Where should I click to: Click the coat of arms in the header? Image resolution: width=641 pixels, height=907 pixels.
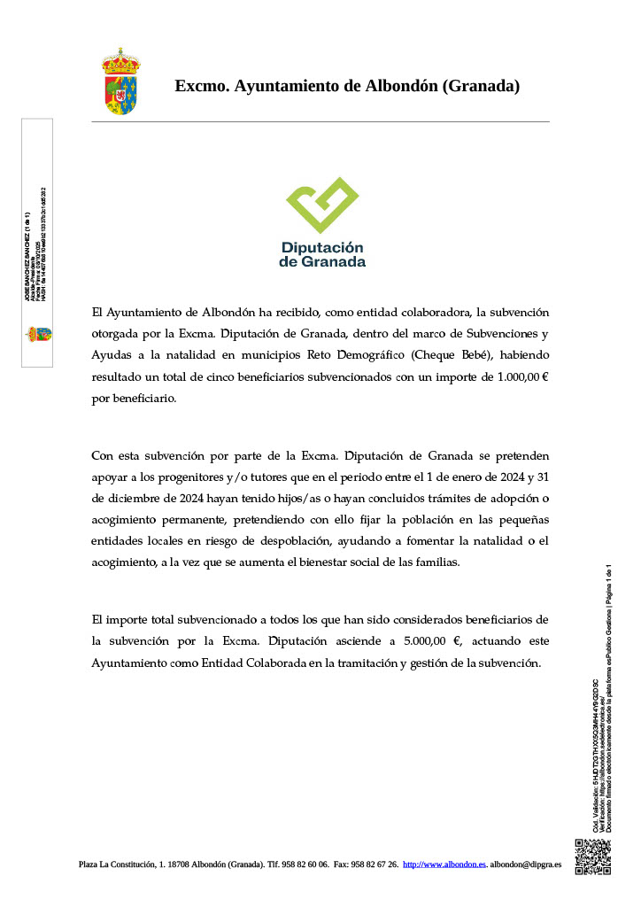pos(120,82)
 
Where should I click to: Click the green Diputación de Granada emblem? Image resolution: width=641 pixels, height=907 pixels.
pos(322,205)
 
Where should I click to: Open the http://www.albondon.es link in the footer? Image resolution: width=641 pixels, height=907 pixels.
pos(444,864)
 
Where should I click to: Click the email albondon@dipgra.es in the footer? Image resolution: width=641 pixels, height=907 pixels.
pos(525,864)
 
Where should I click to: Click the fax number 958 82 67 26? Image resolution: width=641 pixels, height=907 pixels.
pos(375,864)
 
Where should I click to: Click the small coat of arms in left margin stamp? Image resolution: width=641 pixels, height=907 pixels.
pos(37,334)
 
